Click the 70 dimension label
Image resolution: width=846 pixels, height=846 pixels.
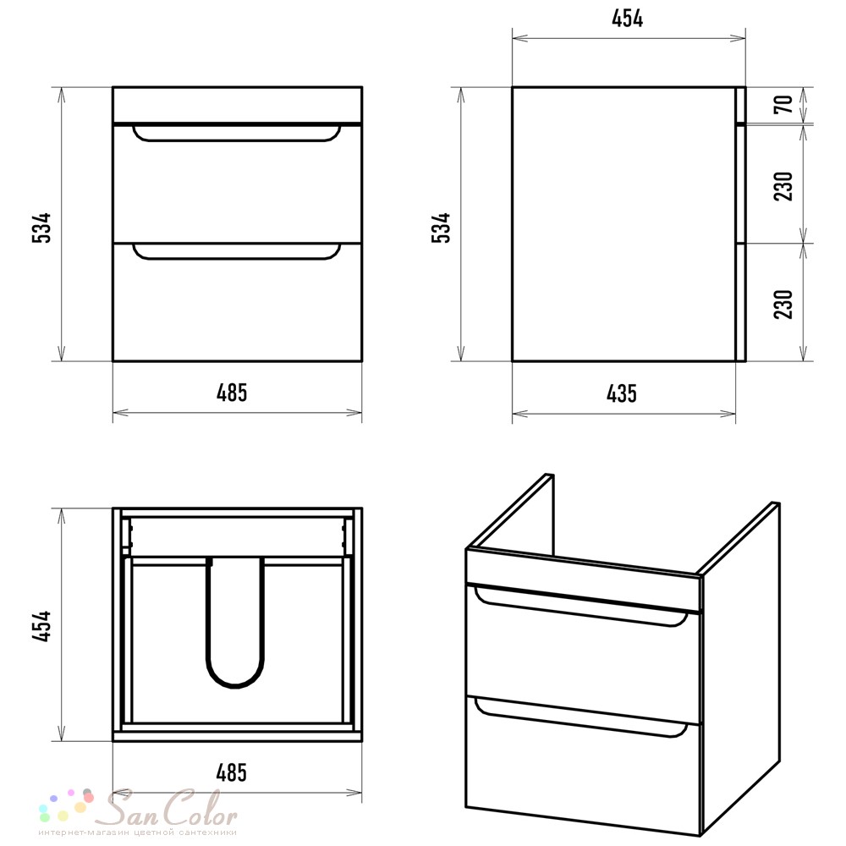click(783, 103)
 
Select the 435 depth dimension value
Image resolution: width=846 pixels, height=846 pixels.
click(622, 393)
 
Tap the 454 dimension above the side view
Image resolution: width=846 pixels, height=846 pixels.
click(628, 19)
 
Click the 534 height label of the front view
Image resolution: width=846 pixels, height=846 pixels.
click(41, 228)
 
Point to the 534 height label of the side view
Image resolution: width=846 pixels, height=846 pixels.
click(441, 228)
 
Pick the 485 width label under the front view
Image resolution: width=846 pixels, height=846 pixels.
click(232, 393)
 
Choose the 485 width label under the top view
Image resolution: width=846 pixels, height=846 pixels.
click(232, 772)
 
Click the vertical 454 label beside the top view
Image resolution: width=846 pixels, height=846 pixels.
click(41, 626)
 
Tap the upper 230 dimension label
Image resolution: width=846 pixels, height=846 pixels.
click(783, 186)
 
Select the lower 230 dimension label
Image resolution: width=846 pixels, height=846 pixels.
click(783, 305)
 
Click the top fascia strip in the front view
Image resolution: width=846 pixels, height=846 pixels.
click(238, 105)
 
